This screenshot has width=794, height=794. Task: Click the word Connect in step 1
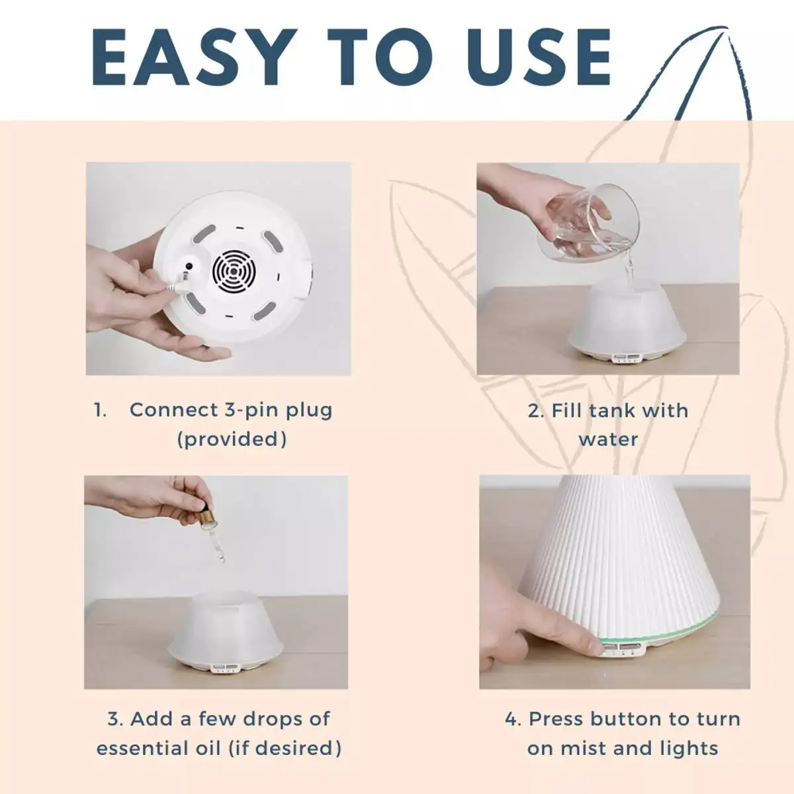pos(174,410)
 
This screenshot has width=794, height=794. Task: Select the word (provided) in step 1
pos(232,439)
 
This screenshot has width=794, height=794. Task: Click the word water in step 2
pos(609,439)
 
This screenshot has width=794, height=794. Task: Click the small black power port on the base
pos(189,267)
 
